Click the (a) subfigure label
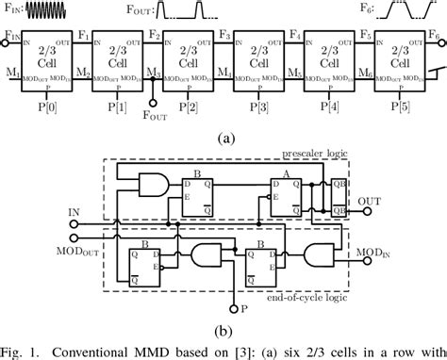click(224, 137)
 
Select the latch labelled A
click(289, 197)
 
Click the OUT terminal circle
click(351, 201)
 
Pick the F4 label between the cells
click(293, 35)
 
